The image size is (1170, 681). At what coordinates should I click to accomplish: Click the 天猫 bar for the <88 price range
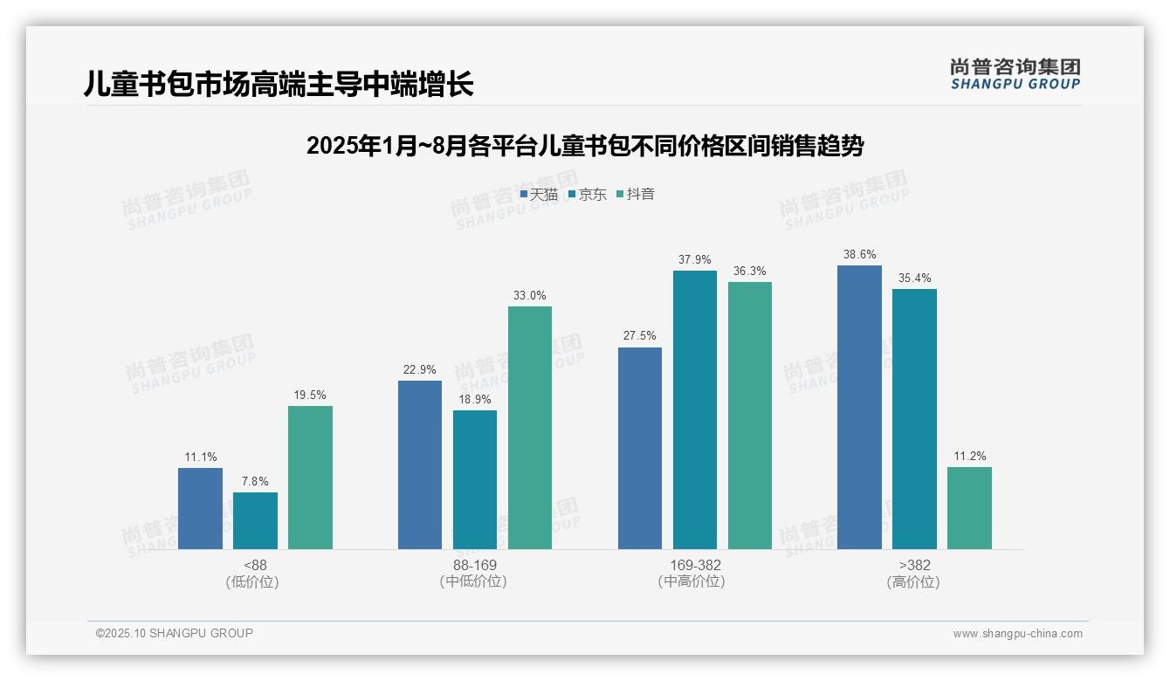200,508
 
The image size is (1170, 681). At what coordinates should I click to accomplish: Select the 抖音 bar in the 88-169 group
530,427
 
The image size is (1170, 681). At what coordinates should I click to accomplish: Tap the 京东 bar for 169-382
695,409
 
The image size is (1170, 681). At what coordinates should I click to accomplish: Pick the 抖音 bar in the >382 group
969,508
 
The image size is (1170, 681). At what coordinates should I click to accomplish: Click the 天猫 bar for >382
859,407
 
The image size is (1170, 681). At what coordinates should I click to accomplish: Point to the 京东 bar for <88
255,520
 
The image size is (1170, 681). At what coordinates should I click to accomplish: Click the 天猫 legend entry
539,194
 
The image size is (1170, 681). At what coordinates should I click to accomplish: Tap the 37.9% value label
695,259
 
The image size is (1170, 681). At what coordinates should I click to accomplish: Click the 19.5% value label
310,395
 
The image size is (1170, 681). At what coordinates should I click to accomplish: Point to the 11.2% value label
969,456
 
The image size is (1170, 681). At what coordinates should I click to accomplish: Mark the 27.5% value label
640,335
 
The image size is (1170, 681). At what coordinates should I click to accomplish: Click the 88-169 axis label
475,565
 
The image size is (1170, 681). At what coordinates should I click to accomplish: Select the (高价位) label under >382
913,581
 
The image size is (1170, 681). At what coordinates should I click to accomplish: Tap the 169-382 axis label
695,565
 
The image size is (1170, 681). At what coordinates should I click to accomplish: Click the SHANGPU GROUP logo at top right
1015,74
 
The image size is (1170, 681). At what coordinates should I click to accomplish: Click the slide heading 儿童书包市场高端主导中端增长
279,84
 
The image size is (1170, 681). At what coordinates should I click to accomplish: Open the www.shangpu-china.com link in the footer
1017,633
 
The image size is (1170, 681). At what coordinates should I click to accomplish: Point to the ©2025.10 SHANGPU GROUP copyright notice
175,633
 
